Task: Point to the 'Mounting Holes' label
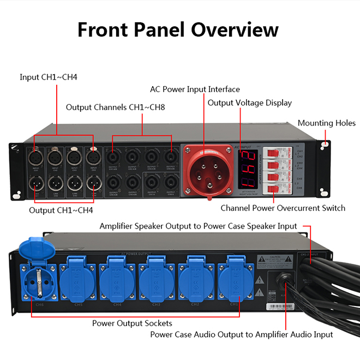pyautogui.click(x=326, y=123)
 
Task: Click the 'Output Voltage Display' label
pyautogui.click(x=257, y=103)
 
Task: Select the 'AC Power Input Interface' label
pyautogui.click(x=195, y=89)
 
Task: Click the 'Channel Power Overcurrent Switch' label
pyautogui.click(x=283, y=208)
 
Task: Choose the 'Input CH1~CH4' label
pyautogui.click(x=49, y=77)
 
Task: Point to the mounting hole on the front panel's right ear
pyautogui.click(x=325, y=145)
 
